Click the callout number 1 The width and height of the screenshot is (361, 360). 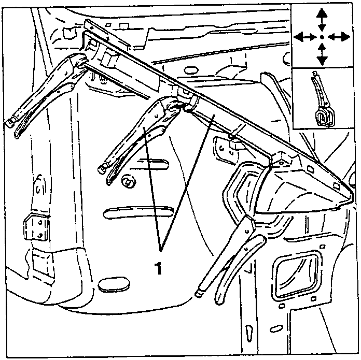click(x=159, y=268)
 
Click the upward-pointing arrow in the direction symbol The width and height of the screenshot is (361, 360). click(x=322, y=20)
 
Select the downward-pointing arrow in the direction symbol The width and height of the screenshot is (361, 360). click(x=322, y=54)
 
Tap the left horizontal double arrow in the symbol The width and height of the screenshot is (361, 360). click(x=304, y=37)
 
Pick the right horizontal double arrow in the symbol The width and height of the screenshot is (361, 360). click(x=339, y=37)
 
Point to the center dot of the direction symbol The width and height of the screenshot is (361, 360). click(x=322, y=37)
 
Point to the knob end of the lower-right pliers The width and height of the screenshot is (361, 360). click(x=198, y=294)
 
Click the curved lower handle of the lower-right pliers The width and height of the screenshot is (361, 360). click(x=240, y=269)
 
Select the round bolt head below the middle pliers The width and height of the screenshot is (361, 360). click(x=127, y=182)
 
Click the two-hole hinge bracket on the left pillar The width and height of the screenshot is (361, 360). click(x=37, y=227)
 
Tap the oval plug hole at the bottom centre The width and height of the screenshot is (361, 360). click(x=114, y=285)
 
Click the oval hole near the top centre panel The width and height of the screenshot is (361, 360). click(x=191, y=70)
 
